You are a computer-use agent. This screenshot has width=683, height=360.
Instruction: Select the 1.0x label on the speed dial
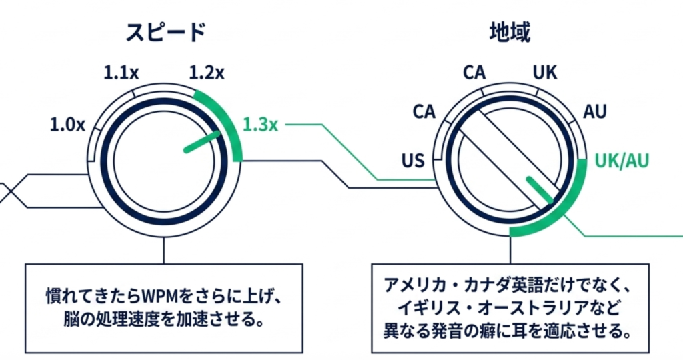tap(67, 124)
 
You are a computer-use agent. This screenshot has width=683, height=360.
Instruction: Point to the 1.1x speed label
tap(121, 72)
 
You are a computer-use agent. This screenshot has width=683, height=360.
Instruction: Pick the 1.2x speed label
tap(207, 72)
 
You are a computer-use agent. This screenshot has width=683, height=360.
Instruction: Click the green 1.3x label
tap(261, 124)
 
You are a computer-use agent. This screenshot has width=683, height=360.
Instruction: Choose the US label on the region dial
tap(414, 160)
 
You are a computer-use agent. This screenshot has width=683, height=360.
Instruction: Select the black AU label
tap(595, 111)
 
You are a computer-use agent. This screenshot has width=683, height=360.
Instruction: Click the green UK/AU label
tap(622, 160)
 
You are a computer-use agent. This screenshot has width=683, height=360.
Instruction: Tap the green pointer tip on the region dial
tap(540, 189)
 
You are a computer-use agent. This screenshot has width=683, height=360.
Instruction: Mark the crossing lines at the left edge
tap(8, 191)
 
